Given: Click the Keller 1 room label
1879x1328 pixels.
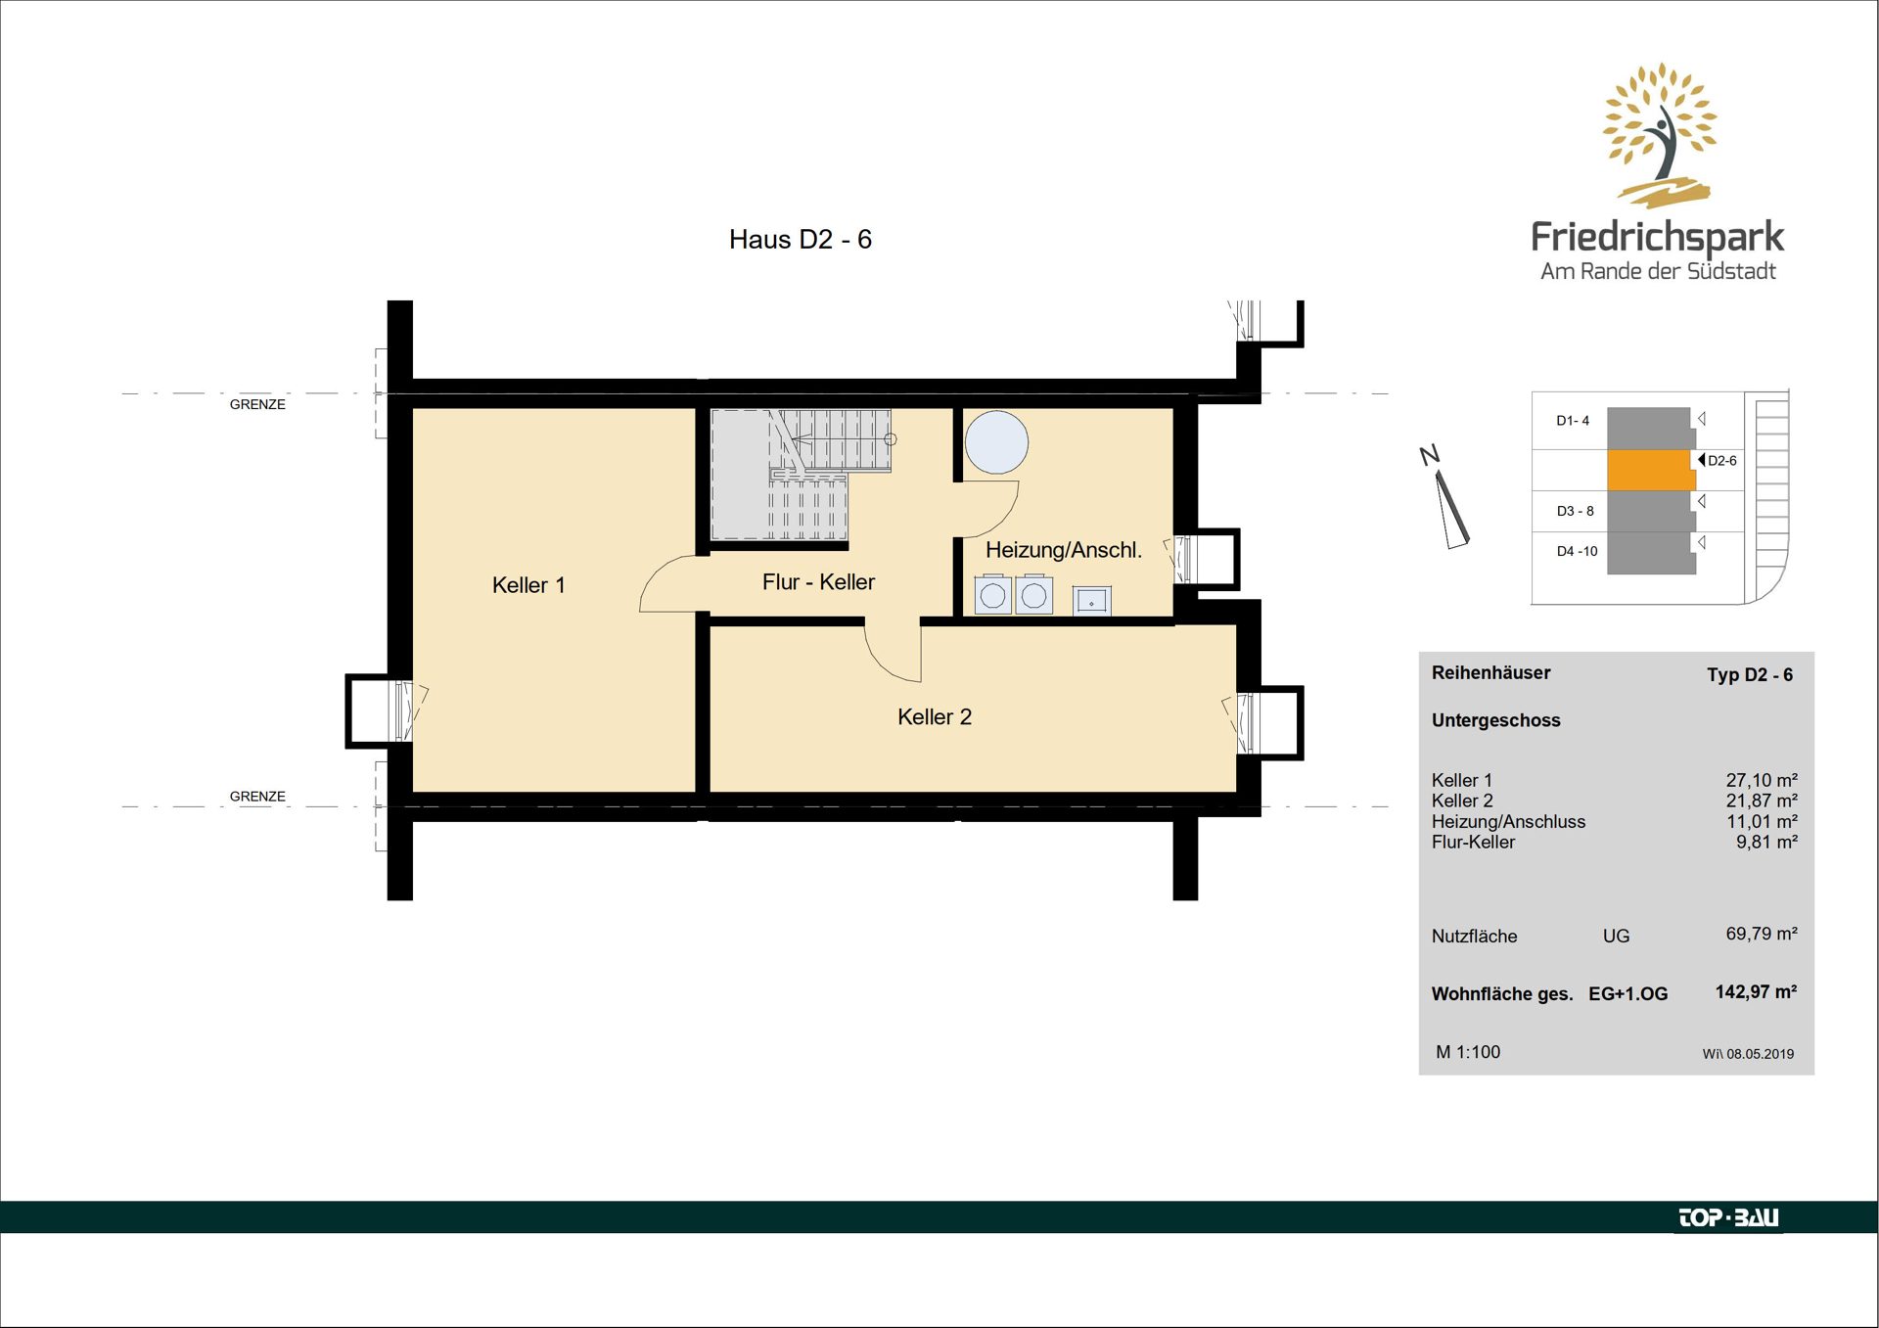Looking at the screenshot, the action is pos(528,585).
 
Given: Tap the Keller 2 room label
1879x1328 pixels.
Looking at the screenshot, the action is pos(935,717).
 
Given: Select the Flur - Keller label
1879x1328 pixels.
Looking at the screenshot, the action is pos(818,582).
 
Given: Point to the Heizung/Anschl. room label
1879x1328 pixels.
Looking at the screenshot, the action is pos(1064,550).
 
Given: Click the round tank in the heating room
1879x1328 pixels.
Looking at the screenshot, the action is pos(996,442).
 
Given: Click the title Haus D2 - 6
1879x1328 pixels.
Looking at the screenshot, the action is pos(801,240).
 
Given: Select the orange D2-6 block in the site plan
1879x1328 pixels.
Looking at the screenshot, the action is pos(1651,470).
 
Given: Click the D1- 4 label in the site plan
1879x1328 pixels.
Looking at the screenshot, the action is pos(1573,421).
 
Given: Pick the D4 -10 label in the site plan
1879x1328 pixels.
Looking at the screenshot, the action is pos(1577,551).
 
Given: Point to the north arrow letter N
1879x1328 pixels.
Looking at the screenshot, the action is pos(1430,455).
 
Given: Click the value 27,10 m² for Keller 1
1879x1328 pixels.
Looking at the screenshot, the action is pos(1762,780).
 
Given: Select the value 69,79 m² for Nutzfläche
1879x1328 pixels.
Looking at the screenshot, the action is pos(1762,934).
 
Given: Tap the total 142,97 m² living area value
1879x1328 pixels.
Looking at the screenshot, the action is pos(1756,991).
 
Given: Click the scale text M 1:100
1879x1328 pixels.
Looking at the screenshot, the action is pos(1468,1052).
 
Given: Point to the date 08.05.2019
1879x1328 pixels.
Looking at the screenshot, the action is pos(1760,1054).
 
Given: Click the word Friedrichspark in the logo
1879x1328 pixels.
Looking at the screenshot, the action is pos(1658,237).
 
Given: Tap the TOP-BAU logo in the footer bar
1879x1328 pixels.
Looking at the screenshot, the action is pos(1728,1217).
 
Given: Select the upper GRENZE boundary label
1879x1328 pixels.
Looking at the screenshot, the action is pos(257,404).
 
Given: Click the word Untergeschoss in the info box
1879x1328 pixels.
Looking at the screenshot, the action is pos(1496,721).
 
